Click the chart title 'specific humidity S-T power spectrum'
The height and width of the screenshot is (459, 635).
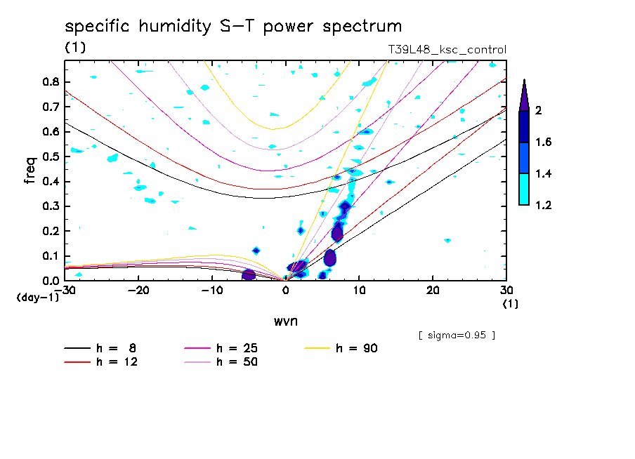click(x=233, y=27)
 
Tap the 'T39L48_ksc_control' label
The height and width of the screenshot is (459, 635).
click(x=447, y=50)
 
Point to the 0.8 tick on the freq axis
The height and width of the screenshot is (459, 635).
click(x=50, y=81)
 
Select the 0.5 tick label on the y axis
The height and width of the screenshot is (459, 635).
click(x=50, y=157)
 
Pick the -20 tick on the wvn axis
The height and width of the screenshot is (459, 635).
click(x=138, y=290)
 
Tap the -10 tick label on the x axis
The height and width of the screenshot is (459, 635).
click(x=212, y=290)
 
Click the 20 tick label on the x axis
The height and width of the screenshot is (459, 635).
click(x=433, y=290)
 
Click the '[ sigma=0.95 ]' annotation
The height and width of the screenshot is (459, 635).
click(x=457, y=335)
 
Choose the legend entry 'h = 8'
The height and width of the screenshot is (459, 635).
click(x=101, y=348)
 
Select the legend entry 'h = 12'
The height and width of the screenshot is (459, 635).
click(x=101, y=362)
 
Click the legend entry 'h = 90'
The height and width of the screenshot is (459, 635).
click(x=342, y=348)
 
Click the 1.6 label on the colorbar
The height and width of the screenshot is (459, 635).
click(x=544, y=142)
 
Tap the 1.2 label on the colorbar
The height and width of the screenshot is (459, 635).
click(x=544, y=205)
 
